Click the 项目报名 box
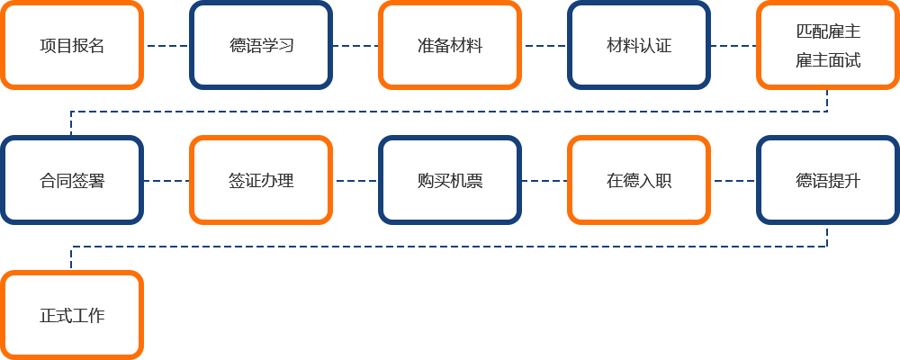[72, 45]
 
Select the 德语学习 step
[261, 45]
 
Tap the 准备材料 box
[450, 45]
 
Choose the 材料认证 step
[639, 45]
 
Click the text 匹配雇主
[828, 31]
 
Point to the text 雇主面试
[828, 59]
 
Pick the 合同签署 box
[72, 180]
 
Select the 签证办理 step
[261, 180]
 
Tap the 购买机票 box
[450, 180]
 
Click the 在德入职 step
[639, 180]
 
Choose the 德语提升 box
[828, 180]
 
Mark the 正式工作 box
[72, 315]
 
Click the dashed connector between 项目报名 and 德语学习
[167, 45]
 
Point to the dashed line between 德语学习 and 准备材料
[355, 45]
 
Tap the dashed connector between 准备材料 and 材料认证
[544, 45]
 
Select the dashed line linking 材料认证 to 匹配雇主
[733, 45]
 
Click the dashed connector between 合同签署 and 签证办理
[167, 181]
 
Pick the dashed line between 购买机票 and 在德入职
[544, 181]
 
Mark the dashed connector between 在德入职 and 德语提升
[733, 181]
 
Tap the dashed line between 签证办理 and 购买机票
[355, 181]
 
